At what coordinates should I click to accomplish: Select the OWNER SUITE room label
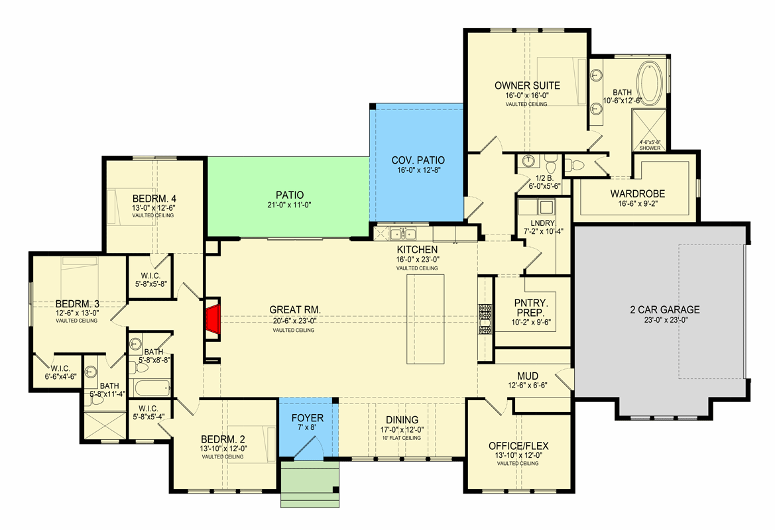pyautogui.click(x=527, y=85)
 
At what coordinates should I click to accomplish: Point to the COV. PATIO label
pyautogui.click(x=418, y=160)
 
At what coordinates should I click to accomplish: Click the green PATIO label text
pyautogui.click(x=290, y=195)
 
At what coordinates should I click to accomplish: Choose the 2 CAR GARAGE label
pyautogui.click(x=665, y=309)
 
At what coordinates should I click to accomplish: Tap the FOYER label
pyautogui.click(x=308, y=418)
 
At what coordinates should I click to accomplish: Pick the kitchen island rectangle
pyautogui.click(x=425, y=319)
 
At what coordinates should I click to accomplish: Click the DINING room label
pyautogui.click(x=402, y=420)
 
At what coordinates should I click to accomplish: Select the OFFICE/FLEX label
pyautogui.click(x=518, y=446)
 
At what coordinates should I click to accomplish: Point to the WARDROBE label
pyautogui.click(x=637, y=193)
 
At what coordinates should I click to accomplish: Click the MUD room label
pyautogui.click(x=527, y=376)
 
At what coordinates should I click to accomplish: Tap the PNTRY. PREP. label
pyautogui.click(x=531, y=307)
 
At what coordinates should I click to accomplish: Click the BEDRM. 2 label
pyautogui.click(x=223, y=439)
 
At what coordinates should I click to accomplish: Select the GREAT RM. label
pyautogui.click(x=294, y=309)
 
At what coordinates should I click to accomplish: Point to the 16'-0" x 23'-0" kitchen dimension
pyautogui.click(x=418, y=259)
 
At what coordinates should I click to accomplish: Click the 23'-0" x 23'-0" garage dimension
pyautogui.click(x=666, y=319)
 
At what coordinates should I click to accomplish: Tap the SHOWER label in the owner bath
pyautogui.click(x=650, y=148)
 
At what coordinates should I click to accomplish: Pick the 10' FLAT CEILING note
pyautogui.click(x=401, y=438)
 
